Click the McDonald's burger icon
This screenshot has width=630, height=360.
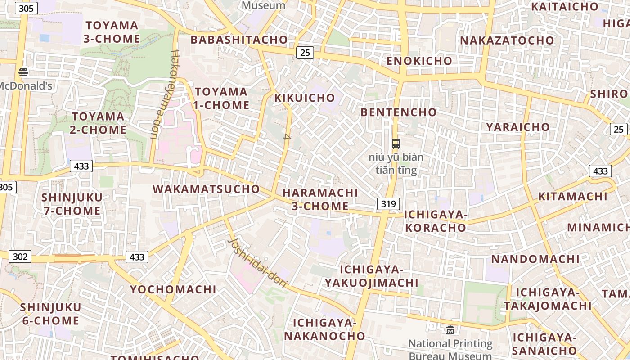tap(23, 72)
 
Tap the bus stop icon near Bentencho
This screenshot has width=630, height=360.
tap(396, 144)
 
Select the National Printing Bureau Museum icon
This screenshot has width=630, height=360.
tap(450, 330)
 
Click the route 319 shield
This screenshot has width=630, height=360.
tap(388, 204)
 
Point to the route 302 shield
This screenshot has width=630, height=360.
tap(20, 256)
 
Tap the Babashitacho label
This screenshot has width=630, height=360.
tap(239, 40)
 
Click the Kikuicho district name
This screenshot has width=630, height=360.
tap(305, 98)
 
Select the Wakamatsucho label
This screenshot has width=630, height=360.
tap(207, 189)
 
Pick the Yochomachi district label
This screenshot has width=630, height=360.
tap(173, 289)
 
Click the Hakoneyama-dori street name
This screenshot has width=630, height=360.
tap(166, 94)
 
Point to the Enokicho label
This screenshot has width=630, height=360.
tap(419, 61)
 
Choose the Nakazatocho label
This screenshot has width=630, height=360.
tap(507, 40)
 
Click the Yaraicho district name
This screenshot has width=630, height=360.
tap(517, 127)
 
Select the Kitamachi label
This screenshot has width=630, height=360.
tap(573, 197)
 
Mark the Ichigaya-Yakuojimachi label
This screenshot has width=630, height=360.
tap(372, 276)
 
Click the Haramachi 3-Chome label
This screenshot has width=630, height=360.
tap(320, 199)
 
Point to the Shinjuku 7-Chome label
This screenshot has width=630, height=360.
tap(72, 204)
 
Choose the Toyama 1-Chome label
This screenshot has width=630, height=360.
tap(222, 99)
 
